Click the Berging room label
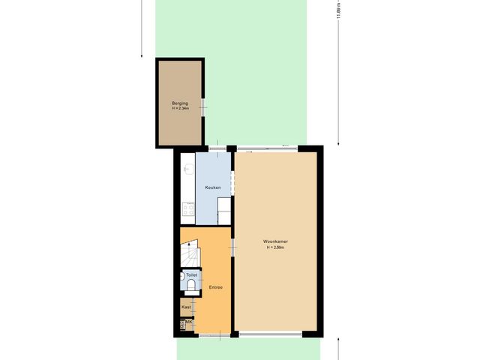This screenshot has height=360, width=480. tap(179, 102)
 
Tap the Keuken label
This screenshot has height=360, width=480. tap(213, 187)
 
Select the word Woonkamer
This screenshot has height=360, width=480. tap(275, 241)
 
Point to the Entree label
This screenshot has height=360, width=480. tap(215, 287)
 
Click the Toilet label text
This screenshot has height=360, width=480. tap(191, 275)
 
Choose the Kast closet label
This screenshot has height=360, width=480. tap(186, 307)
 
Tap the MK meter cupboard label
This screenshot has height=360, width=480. tap(189, 322)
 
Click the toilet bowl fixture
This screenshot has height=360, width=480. tap(192, 286)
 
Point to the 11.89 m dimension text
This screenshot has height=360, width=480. tap(338, 15)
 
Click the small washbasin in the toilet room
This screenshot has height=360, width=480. tap(182, 275)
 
